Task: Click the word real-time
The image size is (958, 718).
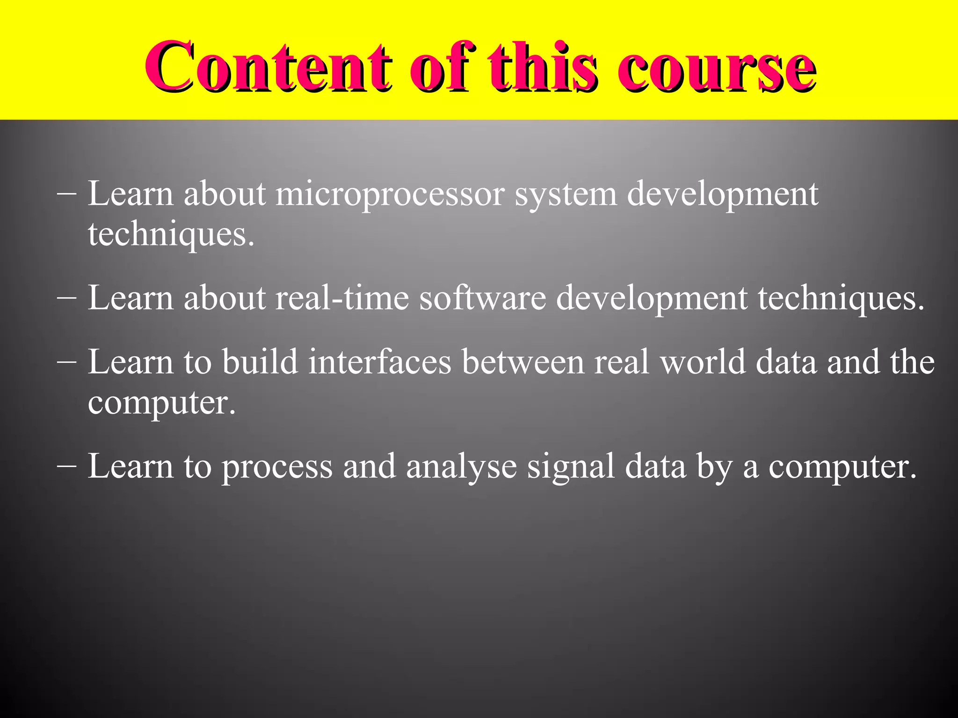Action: [342, 298]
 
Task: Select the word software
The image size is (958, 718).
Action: [482, 298]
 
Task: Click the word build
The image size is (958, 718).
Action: [260, 362]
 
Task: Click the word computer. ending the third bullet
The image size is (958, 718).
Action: [162, 403]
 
